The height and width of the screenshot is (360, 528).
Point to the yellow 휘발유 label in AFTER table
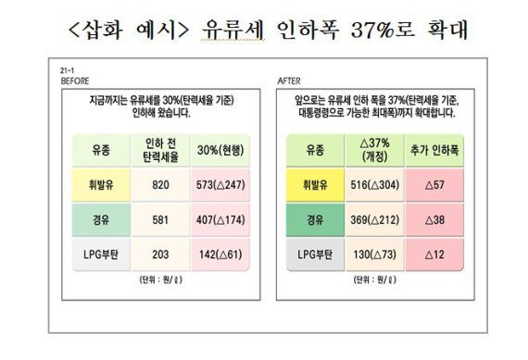click(x=314, y=184)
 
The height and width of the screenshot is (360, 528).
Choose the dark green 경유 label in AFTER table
click(x=314, y=222)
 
